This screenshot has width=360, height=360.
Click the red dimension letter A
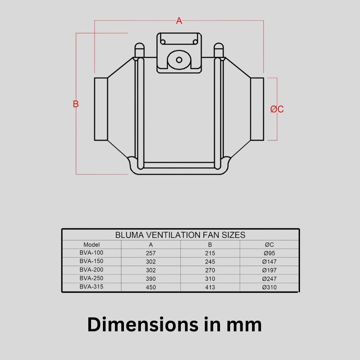click(x=179, y=21)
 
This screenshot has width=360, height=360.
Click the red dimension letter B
click(x=76, y=104)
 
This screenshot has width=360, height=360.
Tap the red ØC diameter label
click(x=277, y=109)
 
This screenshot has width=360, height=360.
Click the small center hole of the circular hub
click(x=179, y=60)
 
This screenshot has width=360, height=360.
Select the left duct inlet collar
click(x=101, y=109)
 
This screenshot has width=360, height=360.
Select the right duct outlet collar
click(x=257, y=109)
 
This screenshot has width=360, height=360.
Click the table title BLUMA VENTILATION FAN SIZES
click(x=180, y=235)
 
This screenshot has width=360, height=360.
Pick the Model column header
click(x=91, y=245)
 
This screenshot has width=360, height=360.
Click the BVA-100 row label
click(x=91, y=253)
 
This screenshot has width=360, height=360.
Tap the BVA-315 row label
click(x=91, y=287)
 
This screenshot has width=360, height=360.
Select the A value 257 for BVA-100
click(x=151, y=253)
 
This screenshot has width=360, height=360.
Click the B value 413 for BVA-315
click(x=210, y=287)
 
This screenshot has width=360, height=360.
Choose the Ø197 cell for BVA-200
click(x=269, y=270)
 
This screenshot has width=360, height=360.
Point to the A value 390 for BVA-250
click(x=151, y=279)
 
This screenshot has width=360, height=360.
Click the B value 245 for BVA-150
click(x=210, y=262)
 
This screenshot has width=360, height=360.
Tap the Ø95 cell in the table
click(x=269, y=253)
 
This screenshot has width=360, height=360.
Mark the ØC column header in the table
click(x=269, y=245)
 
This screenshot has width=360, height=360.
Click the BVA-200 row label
click(x=91, y=270)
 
